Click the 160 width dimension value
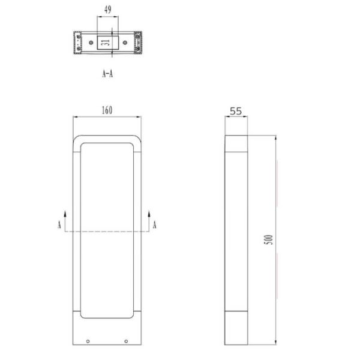[x=107, y=110]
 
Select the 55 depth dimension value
[x=236, y=111]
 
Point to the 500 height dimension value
[x=270, y=239]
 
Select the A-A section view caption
[x=108, y=74]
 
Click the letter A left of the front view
[x=58, y=224]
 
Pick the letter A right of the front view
[x=155, y=224]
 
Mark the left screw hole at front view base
[x=88, y=341]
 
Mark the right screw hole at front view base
[x=126, y=341]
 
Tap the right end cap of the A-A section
[x=139, y=43]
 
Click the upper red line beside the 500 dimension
[x=277, y=183]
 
